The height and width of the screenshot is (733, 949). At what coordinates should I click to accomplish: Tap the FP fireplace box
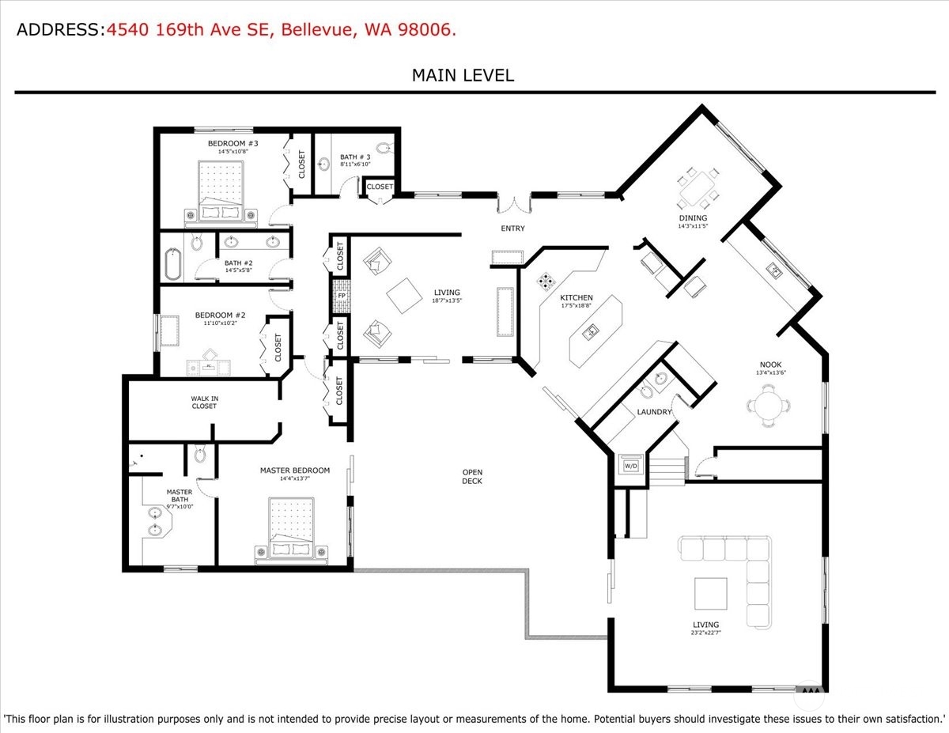click(342, 296)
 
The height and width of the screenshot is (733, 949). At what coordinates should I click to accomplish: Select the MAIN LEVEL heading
click(463, 76)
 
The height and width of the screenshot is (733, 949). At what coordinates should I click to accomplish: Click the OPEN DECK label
click(472, 476)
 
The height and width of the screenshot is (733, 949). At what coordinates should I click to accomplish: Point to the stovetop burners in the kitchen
click(546, 281)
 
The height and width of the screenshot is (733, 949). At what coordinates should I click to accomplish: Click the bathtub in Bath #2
click(172, 263)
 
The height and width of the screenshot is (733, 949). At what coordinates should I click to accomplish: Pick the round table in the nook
click(768, 406)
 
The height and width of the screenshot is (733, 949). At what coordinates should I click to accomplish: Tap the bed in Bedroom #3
click(221, 194)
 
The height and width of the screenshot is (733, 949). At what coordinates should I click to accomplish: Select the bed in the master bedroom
click(291, 530)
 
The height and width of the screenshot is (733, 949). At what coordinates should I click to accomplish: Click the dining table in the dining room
click(698, 188)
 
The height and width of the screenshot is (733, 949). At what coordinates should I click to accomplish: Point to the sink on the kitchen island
click(590, 333)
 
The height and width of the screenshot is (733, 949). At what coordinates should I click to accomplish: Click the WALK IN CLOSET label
click(204, 402)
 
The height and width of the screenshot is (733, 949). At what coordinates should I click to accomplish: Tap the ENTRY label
click(512, 229)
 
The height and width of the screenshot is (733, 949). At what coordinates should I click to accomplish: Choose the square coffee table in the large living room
click(711, 593)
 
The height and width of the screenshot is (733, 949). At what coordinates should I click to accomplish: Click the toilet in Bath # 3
click(384, 149)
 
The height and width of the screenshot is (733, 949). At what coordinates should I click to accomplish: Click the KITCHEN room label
click(577, 298)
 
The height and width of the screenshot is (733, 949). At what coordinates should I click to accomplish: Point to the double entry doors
click(515, 204)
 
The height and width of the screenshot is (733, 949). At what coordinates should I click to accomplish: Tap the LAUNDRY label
click(654, 412)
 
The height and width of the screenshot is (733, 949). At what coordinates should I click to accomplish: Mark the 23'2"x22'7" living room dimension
click(705, 633)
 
